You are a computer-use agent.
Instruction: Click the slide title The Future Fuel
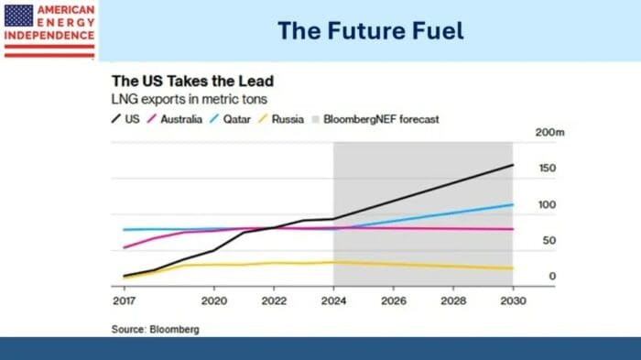[371, 31]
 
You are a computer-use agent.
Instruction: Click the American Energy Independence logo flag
[18, 15]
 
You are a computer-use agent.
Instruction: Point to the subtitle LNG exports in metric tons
[183, 98]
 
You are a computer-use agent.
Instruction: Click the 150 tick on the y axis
[547, 169]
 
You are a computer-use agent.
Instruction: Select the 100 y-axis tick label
[547, 204]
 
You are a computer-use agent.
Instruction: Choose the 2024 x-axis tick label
[333, 300]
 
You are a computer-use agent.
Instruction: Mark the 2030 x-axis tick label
[513, 300]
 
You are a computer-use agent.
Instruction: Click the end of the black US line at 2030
[513, 165]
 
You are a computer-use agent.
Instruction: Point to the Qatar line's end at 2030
[513, 204]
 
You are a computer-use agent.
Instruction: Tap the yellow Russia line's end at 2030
[513, 268]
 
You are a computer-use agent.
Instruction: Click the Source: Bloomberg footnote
[155, 328]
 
